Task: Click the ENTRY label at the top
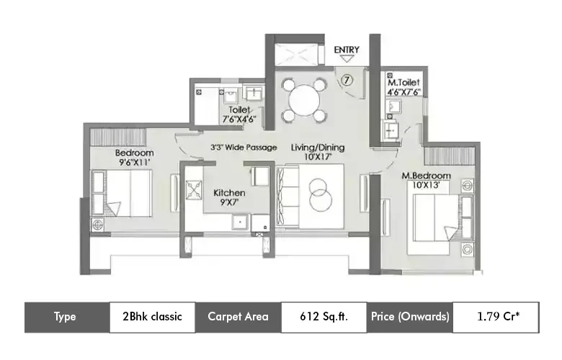tap(347, 50)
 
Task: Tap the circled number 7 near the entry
tap(347, 81)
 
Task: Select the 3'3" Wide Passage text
tap(244, 148)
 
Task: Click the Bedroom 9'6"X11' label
tap(134, 158)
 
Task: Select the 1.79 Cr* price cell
tap(496, 317)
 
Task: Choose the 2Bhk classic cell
tap(152, 317)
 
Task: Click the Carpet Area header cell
tap(238, 317)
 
